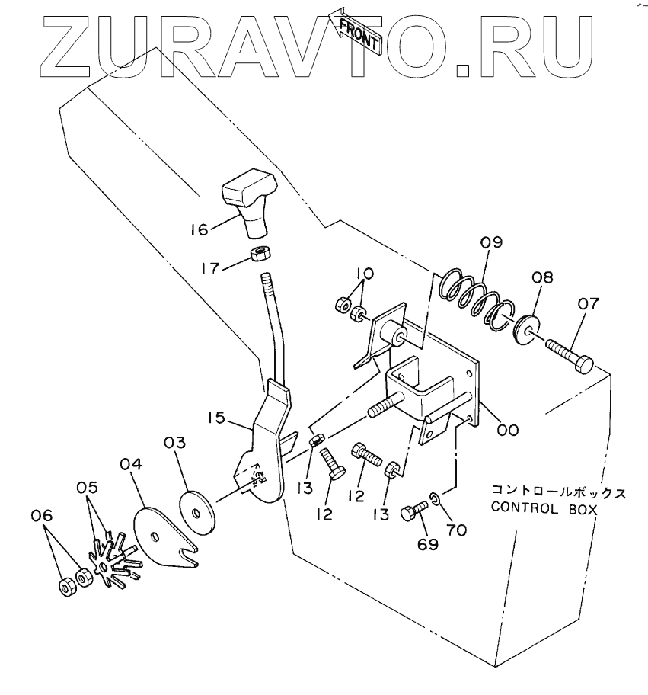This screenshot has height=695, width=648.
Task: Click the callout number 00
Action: (x=508, y=430)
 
